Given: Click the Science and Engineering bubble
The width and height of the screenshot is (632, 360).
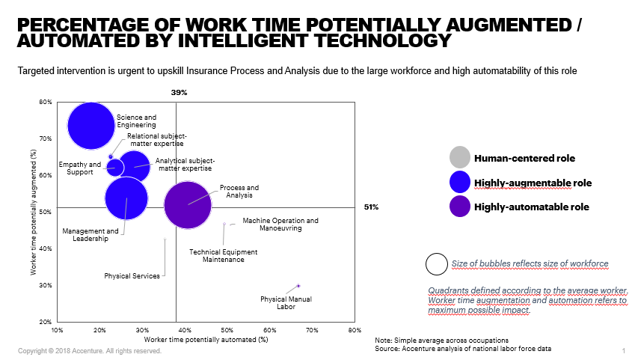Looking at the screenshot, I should [x=91, y=126].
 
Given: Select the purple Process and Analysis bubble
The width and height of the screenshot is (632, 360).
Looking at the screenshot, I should [x=188, y=204].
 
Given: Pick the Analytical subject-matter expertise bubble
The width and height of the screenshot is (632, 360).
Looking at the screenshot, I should [x=135, y=166].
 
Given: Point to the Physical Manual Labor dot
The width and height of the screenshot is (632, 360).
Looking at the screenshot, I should [x=298, y=286].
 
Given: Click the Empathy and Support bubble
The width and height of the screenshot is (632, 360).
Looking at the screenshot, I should [x=115, y=167].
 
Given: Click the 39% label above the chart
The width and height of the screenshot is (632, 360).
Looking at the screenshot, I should [x=179, y=93].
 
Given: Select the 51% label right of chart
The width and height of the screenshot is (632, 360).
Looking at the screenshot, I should [x=370, y=207].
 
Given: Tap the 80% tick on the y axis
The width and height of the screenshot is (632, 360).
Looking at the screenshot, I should [x=46, y=103].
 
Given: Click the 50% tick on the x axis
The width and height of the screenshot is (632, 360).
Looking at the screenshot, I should [x=227, y=329].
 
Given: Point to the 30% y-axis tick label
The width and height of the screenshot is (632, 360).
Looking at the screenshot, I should [x=46, y=286].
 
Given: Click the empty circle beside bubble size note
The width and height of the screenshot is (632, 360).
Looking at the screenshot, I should [x=435, y=264].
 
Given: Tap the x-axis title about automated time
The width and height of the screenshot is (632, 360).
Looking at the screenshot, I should [x=200, y=340].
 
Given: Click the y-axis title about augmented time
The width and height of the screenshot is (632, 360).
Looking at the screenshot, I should [x=34, y=212].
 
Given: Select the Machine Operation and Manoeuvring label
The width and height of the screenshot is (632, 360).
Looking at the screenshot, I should [x=280, y=225].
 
